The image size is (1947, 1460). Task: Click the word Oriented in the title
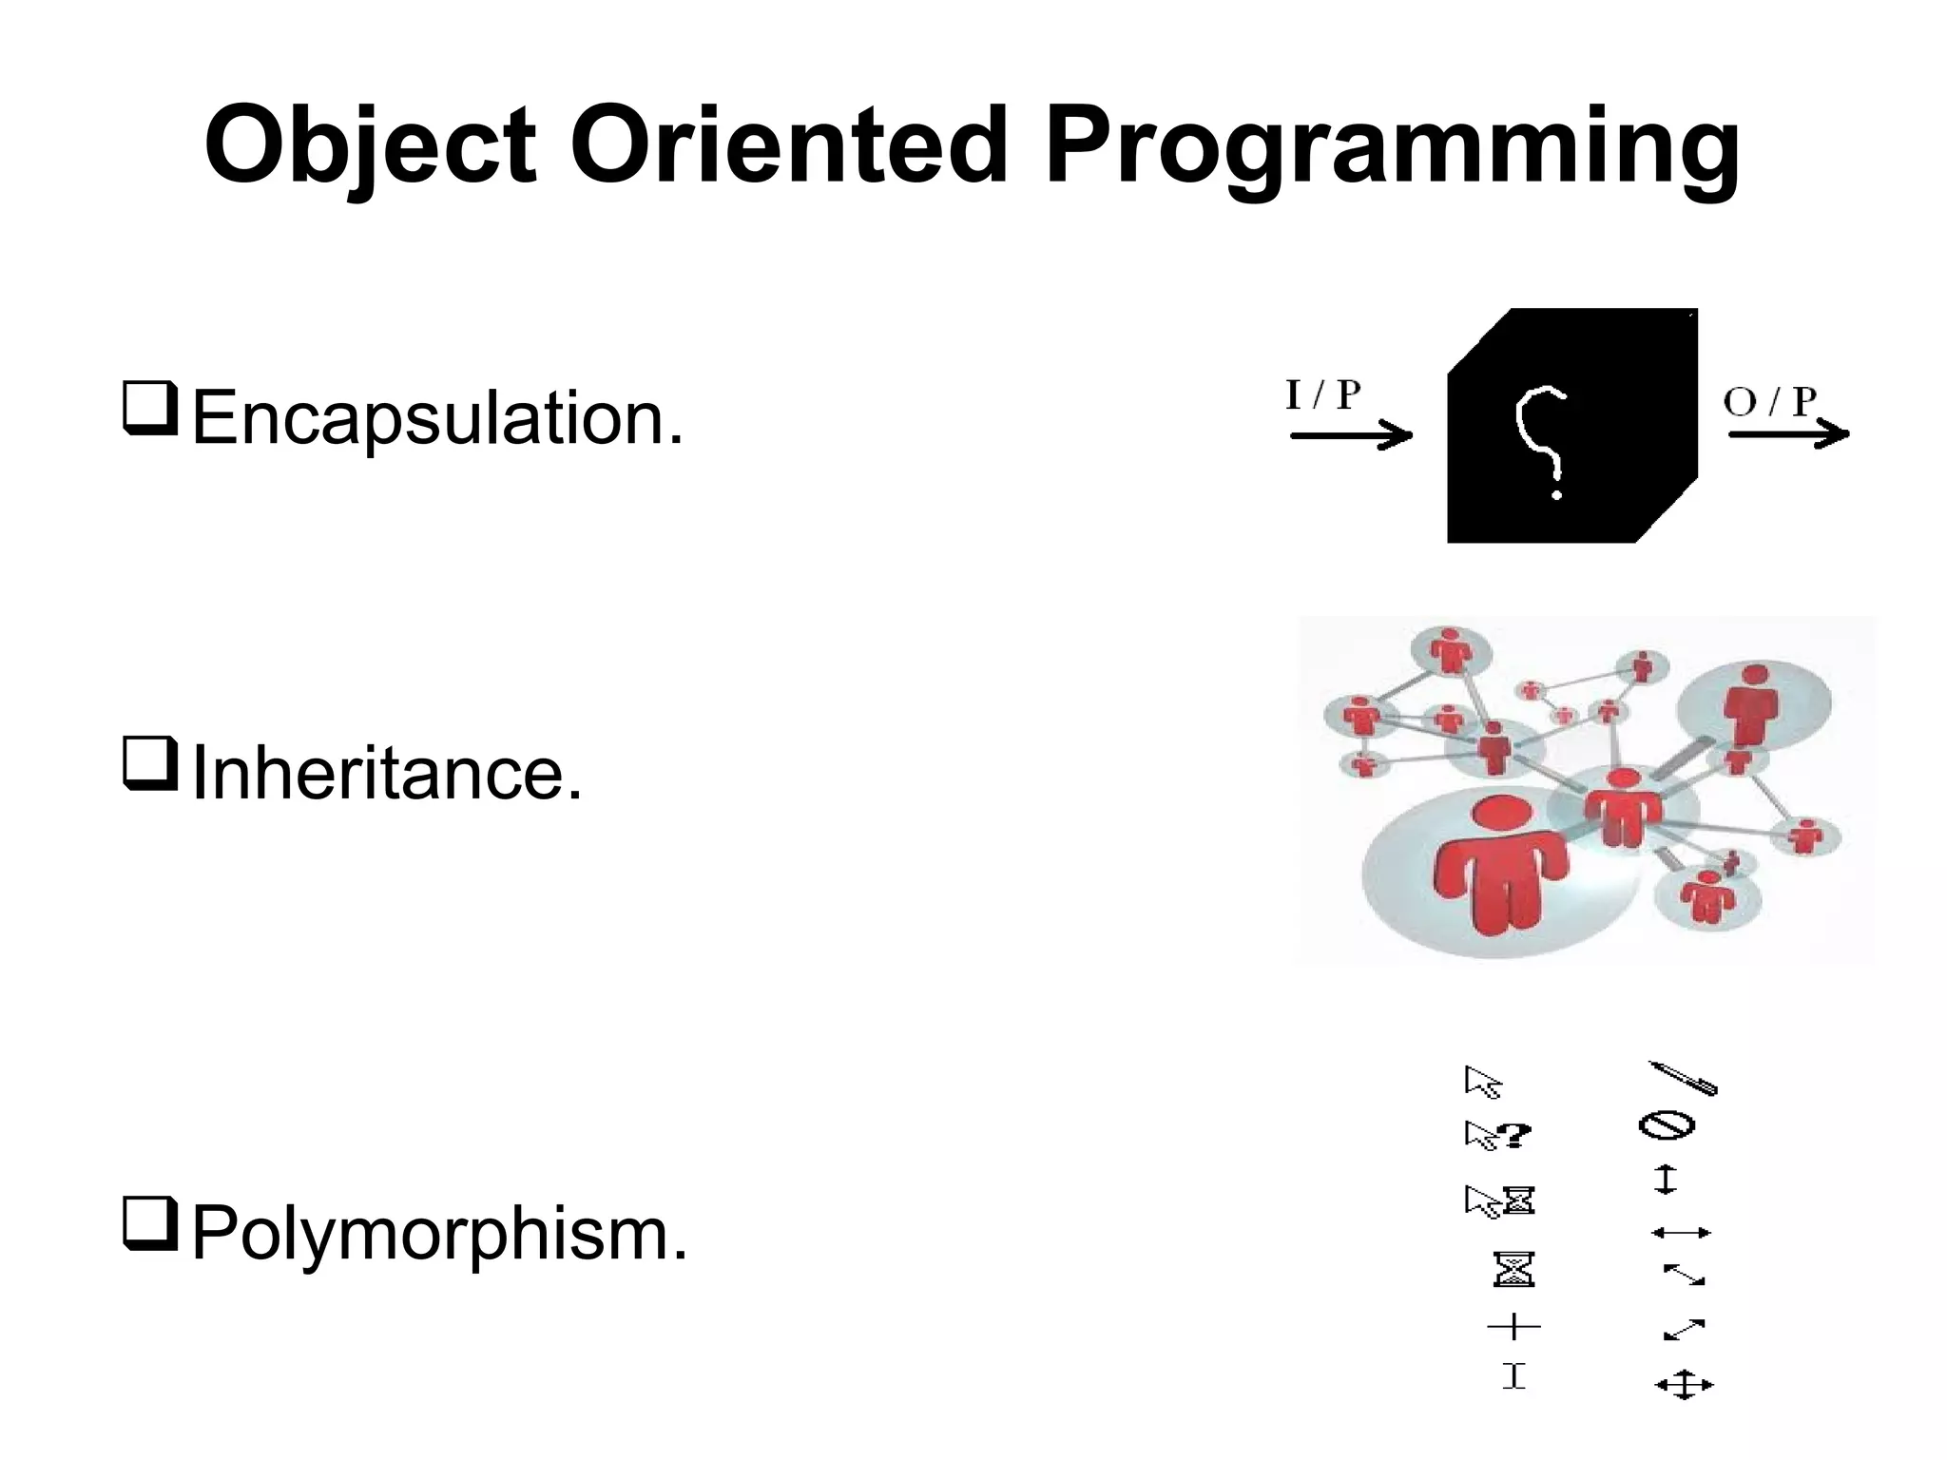pos(788,147)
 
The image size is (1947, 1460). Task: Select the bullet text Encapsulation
pos(437,417)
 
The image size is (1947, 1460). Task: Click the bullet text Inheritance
pos(386,774)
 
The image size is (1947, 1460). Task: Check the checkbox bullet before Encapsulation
pos(149,410)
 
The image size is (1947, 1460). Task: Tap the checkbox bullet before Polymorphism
pos(149,1226)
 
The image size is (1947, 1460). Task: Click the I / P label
pos(1322,395)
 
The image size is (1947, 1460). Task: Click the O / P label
pos(1769,401)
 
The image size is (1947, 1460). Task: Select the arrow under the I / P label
pos(1351,436)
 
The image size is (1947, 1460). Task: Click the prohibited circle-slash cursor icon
pos(1667,1126)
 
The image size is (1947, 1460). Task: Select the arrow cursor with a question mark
pos(1497,1135)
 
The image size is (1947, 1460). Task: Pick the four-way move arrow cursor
pos(1684,1385)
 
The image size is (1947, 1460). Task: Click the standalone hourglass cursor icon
pos(1513,1269)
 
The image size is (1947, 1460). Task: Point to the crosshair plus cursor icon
pos(1513,1326)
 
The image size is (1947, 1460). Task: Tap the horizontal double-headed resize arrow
pos(1681,1233)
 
